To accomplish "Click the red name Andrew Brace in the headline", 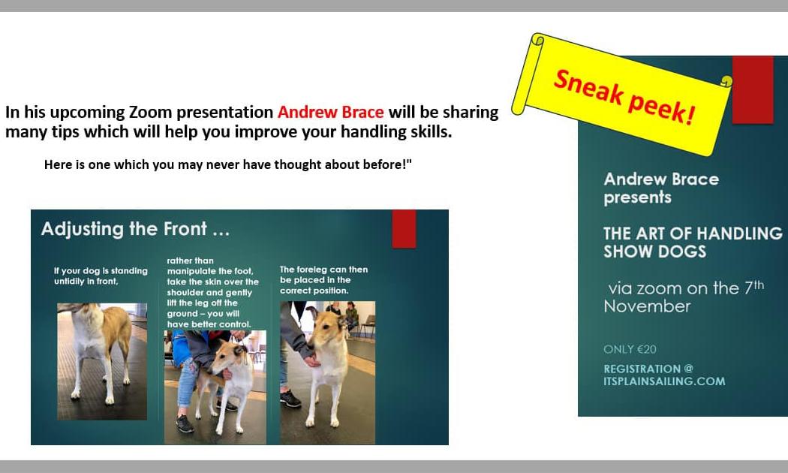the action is click(x=331, y=112).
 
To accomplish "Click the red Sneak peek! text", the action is click(x=624, y=97).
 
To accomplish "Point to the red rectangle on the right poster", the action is click(x=752, y=89).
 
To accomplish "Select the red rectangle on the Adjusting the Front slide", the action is click(x=404, y=229).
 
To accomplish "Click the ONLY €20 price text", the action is click(x=630, y=349).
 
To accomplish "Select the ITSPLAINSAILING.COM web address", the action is click(x=664, y=381).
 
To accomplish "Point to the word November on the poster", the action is click(x=647, y=306).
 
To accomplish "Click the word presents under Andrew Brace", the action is click(x=637, y=197).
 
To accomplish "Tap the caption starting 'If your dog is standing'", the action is click(x=101, y=276).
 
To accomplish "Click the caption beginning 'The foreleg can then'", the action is click(x=323, y=280).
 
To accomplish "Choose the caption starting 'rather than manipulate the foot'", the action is click(x=212, y=293).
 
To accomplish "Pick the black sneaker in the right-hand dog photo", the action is click(x=290, y=399).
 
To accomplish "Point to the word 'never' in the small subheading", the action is click(x=180, y=164).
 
